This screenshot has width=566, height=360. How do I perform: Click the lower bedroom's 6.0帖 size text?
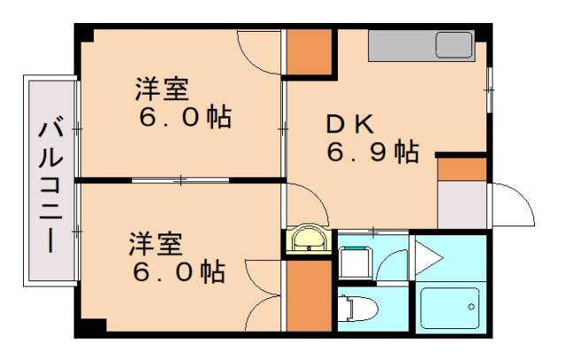177,270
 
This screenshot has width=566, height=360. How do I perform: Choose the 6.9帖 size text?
372,152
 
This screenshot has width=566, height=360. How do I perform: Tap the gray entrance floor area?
462,204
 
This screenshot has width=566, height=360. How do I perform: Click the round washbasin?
309,238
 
